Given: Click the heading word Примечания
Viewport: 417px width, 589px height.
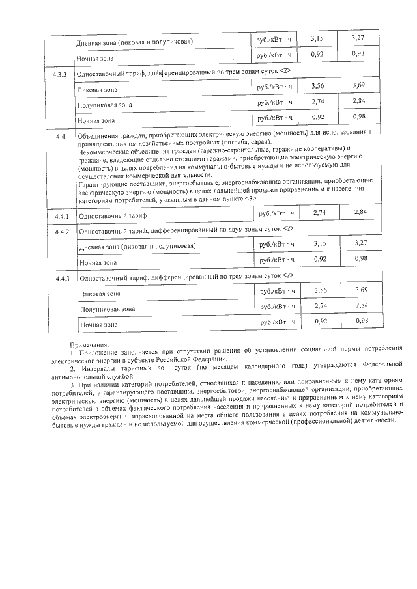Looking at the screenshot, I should click(x=90, y=345).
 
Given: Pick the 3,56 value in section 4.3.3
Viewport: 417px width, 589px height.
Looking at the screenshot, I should click(x=318, y=86).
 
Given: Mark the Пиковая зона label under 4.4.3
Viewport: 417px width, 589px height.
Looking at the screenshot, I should click(x=100, y=294).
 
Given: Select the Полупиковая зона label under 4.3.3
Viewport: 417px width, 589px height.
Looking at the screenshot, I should click(x=104, y=104).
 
